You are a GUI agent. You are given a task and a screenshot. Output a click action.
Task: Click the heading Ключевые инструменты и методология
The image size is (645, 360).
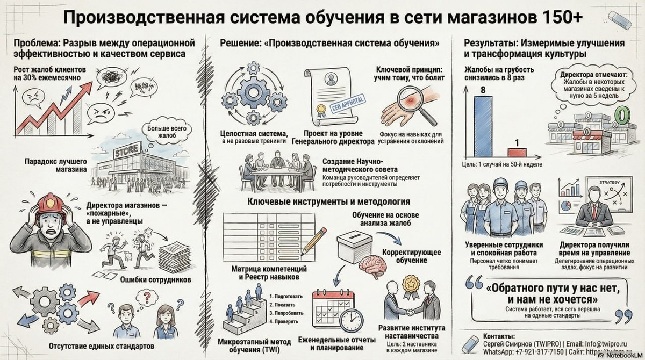[x=329, y=202]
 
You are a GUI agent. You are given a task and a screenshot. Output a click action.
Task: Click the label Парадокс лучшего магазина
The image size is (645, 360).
[x=56, y=165]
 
